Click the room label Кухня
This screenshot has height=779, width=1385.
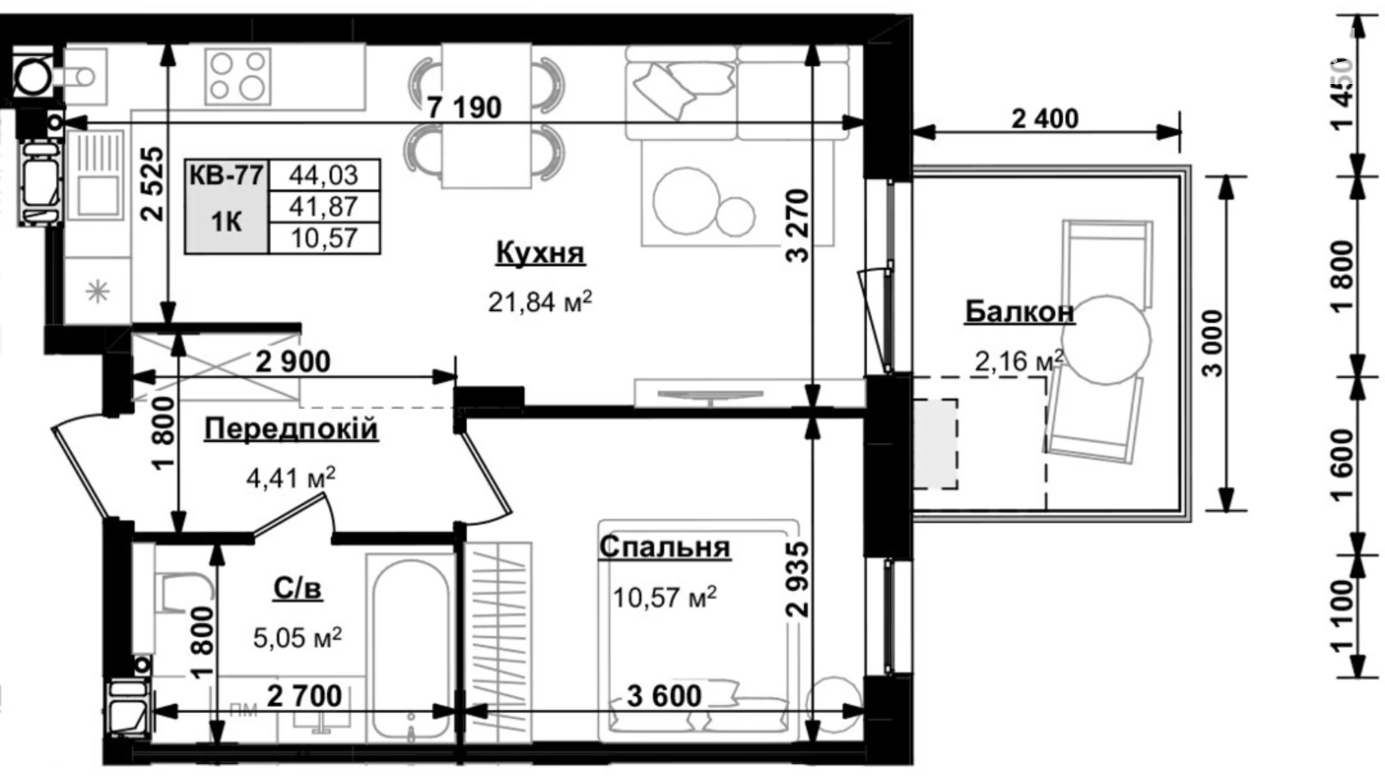click(x=540, y=253)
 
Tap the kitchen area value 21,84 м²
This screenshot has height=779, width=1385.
click(x=540, y=302)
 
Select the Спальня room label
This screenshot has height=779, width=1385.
click(x=664, y=547)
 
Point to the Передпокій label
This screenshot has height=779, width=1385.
click(x=290, y=430)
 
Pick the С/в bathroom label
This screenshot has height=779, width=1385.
click(x=297, y=589)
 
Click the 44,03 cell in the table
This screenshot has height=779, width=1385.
click(x=323, y=175)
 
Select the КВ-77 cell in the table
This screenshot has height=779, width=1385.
click(x=226, y=176)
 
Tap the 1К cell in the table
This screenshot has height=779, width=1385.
click(x=226, y=222)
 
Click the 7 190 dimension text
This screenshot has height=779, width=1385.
click(x=464, y=108)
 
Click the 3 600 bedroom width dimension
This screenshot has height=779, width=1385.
click(x=664, y=697)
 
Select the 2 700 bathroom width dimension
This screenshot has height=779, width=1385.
click(x=304, y=697)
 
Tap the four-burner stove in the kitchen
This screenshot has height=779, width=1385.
click(x=238, y=76)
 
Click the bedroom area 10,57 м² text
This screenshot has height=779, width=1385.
click(x=664, y=597)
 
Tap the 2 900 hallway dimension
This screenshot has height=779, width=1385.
click(x=293, y=363)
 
